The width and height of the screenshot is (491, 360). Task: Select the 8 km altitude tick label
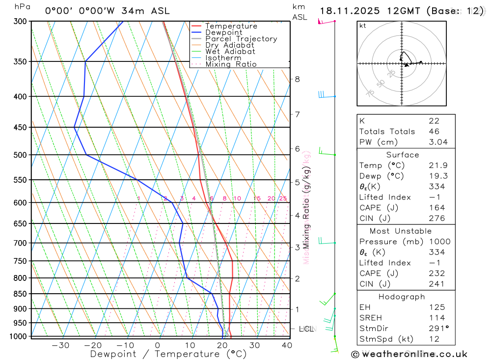pos(297,79)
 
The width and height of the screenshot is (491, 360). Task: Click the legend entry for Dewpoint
pos(224,32)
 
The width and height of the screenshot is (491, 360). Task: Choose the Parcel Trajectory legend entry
pos(241,39)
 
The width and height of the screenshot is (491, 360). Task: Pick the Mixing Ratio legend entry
pos(231,64)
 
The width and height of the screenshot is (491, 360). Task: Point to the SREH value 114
pos(435,318)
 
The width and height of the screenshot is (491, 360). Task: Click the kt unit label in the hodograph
pos(362,26)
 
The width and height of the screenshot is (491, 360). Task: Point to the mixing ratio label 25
pos(283,198)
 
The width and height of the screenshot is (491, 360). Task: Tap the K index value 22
pos(434,121)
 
